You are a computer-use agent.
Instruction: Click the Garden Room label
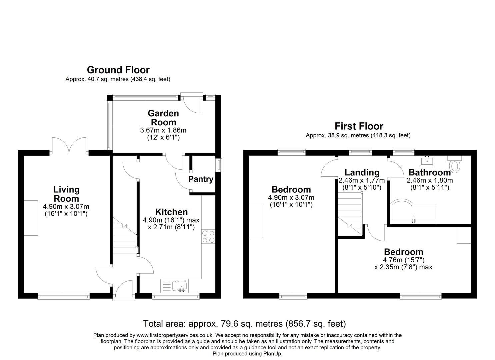click(163, 118)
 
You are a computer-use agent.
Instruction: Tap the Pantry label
click(201, 179)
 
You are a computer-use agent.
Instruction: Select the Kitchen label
click(171, 212)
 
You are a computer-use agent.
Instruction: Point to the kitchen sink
click(181, 285)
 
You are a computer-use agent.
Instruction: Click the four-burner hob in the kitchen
click(208, 236)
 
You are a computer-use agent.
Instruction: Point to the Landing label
click(362, 172)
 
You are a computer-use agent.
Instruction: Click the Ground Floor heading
click(118, 70)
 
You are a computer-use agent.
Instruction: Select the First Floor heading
click(359, 126)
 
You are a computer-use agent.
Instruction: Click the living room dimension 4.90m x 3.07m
click(66, 207)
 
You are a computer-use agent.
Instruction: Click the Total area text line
click(244, 323)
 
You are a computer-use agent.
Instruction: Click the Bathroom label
click(429, 172)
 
